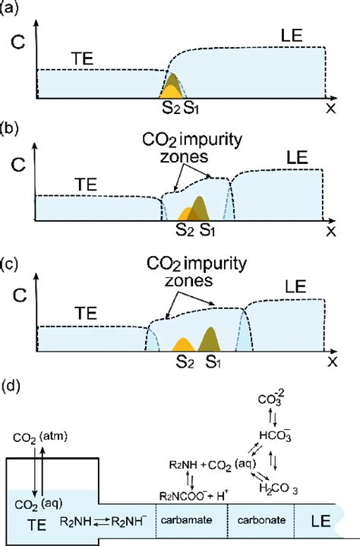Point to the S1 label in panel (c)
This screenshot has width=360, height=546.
coord(215,362)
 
